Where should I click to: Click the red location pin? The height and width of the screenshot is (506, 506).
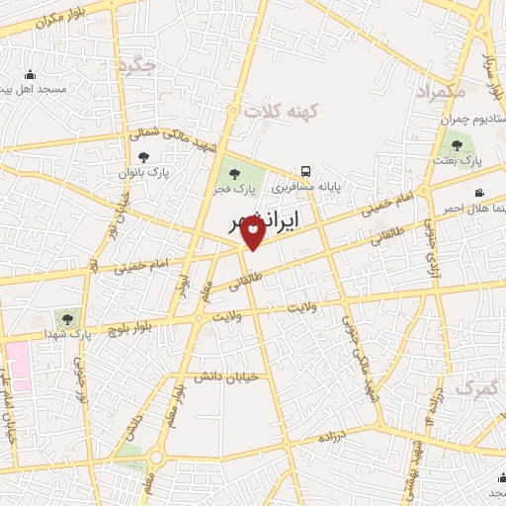click(253, 232)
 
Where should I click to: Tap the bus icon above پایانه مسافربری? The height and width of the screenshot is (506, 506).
click(305, 170)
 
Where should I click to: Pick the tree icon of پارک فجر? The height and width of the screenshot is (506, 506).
click(234, 174)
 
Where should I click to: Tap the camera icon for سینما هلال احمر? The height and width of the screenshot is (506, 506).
click(479, 193)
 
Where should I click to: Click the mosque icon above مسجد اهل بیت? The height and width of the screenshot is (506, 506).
click(30, 75)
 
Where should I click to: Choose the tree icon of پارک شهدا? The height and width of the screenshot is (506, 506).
click(66, 318)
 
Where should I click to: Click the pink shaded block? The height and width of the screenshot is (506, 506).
click(18, 365)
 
